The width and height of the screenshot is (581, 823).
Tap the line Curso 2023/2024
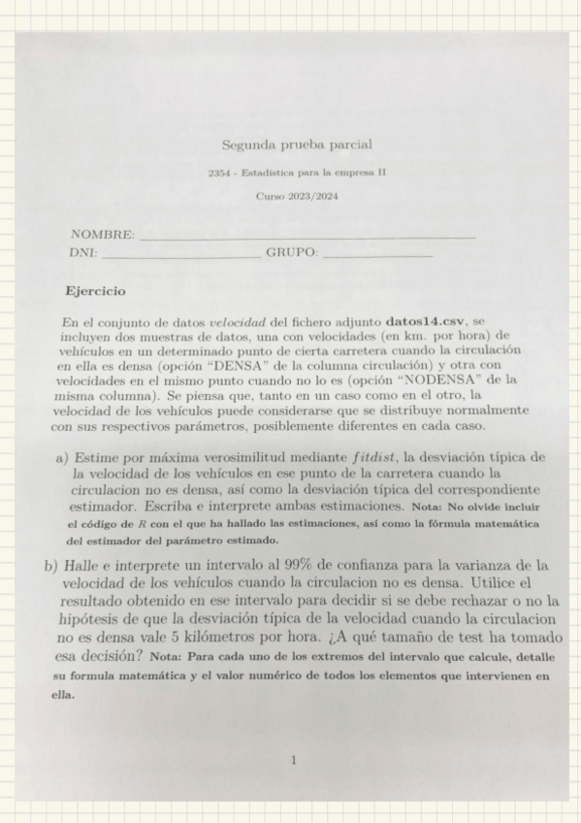pos(296,196)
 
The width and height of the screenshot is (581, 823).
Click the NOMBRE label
pos(101,235)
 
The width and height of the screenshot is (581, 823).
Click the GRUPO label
pos(291,253)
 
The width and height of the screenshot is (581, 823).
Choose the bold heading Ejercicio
pos(95,290)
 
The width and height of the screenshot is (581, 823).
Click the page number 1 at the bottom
pos(294,761)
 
